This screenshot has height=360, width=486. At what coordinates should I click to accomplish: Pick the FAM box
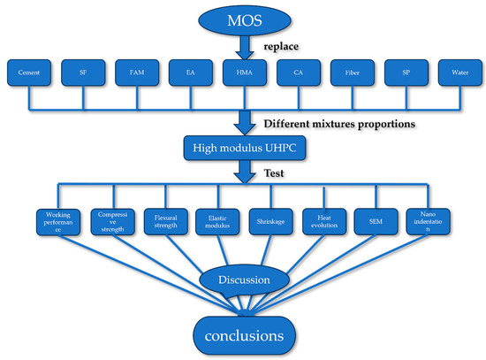coord(136,74)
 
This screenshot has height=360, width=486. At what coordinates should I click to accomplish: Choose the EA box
coord(188,74)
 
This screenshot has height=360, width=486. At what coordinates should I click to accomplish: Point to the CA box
coord(296,74)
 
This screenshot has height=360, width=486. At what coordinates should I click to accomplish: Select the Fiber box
coord(351,74)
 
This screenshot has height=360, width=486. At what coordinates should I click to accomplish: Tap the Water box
coord(457,74)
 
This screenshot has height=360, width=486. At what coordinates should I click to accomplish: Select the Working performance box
coord(57,222)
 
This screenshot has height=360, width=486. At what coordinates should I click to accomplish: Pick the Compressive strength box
coord(110,222)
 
